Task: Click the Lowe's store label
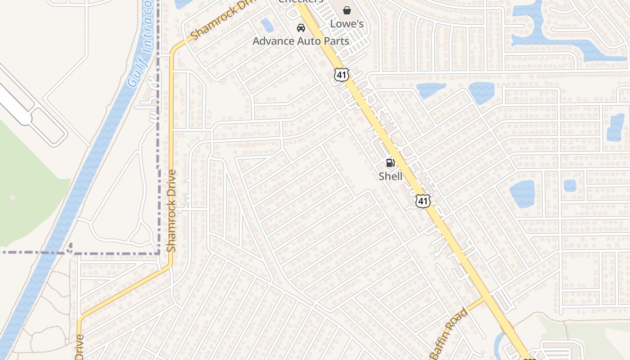click(x=347, y=23)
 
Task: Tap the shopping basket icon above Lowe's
click(x=347, y=10)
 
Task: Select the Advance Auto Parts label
click(x=301, y=41)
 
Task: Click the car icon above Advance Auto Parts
click(x=301, y=28)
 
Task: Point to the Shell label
click(x=390, y=176)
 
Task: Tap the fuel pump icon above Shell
click(x=390, y=163)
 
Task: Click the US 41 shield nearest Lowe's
click(x=342, y=75)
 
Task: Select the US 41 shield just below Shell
click(x=423, y=201)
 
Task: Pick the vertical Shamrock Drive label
click(x=171, y=210)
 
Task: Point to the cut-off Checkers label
click(x=301, y=1)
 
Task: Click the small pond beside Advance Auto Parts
click(x=267, y=25)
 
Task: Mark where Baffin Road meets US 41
click(x=485, y=297)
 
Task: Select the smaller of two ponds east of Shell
click(x=570, y=185)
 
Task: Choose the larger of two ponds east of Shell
click(x=522, y=194)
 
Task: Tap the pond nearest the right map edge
click(x=616, y=127)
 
